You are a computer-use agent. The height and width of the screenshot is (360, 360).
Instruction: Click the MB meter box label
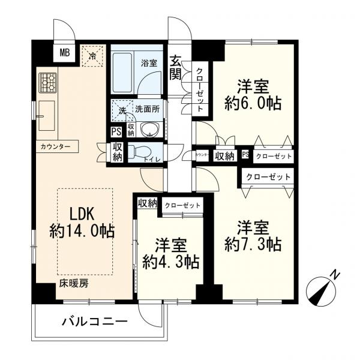click(x=65, y=53)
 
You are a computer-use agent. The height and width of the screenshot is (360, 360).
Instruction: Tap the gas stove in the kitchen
click(x=48, y=83)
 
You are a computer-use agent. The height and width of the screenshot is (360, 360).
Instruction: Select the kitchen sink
click(x=46, y=116)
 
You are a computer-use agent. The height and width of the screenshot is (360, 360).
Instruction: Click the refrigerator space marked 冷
click(x=92, y=56)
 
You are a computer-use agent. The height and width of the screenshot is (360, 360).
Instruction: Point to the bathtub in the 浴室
click(x=122, y=73)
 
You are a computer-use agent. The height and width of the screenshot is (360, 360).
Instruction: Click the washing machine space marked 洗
click(x=122, y=110)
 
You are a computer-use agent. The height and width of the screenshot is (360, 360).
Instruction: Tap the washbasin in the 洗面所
click(x=150, y=130)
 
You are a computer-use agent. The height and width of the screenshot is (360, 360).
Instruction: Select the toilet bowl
click(x=139, y=152)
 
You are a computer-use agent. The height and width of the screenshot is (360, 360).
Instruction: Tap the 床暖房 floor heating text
click(x=74, y=284)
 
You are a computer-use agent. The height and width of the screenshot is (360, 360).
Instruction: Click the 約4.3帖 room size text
click(x=171, y=262)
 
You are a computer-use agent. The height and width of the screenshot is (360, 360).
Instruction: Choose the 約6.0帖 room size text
click(x=253, y=103)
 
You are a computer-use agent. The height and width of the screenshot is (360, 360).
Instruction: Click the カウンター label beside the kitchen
click(x=55, y=146)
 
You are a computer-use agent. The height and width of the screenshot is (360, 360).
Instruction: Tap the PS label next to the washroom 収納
click(x=116, y=132)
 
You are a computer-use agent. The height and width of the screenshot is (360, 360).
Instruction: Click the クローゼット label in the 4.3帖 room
click(x=182, y=205)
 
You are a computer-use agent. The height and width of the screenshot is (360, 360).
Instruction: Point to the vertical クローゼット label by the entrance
click(x=199, y=90)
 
